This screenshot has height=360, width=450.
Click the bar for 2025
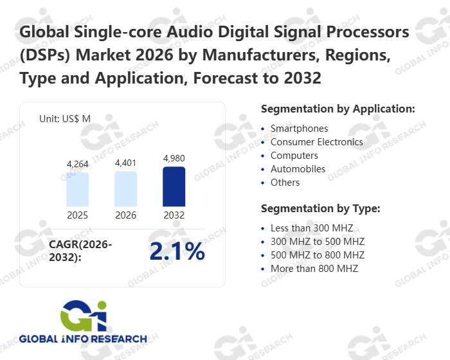78,189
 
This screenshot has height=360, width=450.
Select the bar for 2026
126,188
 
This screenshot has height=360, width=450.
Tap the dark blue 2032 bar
174,186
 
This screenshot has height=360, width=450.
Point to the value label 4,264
78,165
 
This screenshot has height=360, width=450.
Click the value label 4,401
126,163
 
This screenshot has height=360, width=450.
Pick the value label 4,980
174,158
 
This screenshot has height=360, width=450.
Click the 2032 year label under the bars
174,215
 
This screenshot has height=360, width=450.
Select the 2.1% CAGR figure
177,252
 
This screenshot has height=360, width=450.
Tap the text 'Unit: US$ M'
65,118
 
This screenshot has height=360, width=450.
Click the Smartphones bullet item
299,129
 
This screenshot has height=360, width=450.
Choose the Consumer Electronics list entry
316,142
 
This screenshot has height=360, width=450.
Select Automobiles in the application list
298,169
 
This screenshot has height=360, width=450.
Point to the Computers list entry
294,156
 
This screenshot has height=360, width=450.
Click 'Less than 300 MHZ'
311,228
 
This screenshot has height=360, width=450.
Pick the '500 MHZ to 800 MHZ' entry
317,255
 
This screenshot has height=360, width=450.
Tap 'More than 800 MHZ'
314,269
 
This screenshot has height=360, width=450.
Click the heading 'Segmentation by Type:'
321,209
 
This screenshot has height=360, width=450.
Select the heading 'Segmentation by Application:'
337,109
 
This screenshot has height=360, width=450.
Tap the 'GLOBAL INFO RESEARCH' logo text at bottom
83,339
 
